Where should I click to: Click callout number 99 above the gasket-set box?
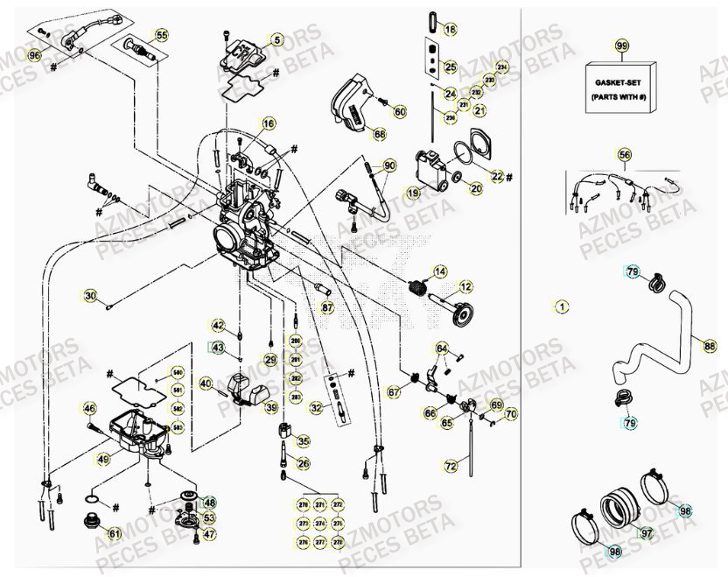point(622,46)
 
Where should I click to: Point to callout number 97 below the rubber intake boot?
point(647,532)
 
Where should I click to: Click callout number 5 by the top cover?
point(276,39)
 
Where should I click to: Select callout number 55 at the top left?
point(161,36)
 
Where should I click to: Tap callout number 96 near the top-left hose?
point(33,55)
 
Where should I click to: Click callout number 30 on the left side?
point(90,296)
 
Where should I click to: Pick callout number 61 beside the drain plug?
point(114,533)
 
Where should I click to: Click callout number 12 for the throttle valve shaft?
point(465,286)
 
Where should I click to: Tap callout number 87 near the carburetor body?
point(326,307)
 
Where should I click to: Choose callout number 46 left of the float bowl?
point(89,408)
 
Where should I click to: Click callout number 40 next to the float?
point(206,383)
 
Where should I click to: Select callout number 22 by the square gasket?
point(497,176)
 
